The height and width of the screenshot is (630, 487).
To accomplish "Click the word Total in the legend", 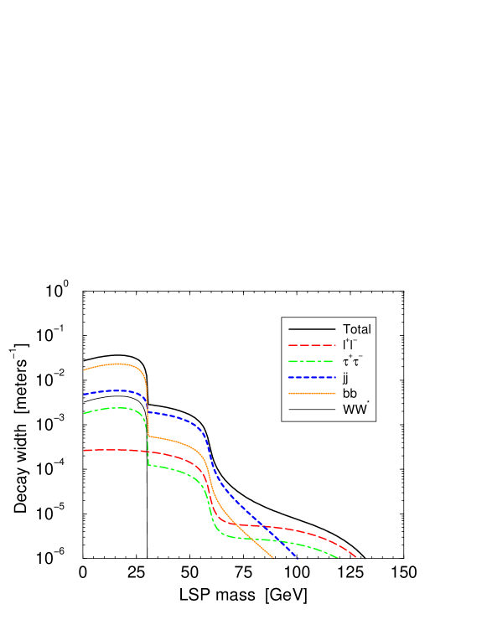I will click(x=356, y=329).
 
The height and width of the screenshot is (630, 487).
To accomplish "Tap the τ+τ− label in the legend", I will click(x=352, y=361).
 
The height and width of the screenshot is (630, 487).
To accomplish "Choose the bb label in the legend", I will click(x=350, y=393).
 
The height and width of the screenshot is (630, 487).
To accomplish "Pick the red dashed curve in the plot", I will click(x=109, y=450).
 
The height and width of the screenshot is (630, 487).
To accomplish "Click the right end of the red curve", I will click(x=356, y=556).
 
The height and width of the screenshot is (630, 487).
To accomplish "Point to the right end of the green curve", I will click(x=337, y=557).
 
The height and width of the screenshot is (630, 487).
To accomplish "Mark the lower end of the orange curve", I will click(x=273, y=558).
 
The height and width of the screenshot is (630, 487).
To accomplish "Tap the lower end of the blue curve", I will click(x=296, y=557).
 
